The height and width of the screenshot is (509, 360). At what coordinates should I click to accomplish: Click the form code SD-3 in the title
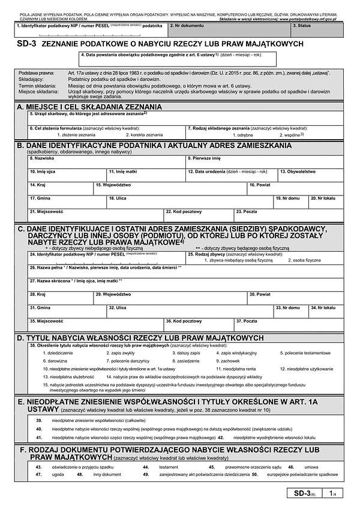pos(27,44)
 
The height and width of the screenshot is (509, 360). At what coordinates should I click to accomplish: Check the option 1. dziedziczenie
pos(58,353)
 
